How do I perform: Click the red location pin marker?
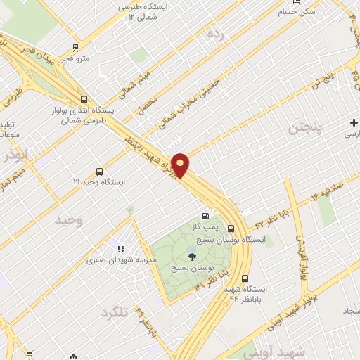(x=181, y=165)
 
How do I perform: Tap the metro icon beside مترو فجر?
(x=75, y=49)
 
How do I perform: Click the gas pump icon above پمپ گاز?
(x=205, y=216)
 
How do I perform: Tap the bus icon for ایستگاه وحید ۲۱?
(x=98, y=171)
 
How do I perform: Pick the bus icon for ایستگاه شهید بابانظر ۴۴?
(x=245, y=278)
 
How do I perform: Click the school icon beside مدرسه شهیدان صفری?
(x=121, y=248)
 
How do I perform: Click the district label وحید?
(x=69, y=221)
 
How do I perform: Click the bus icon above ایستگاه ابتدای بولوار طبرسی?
(x=84, y=99)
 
